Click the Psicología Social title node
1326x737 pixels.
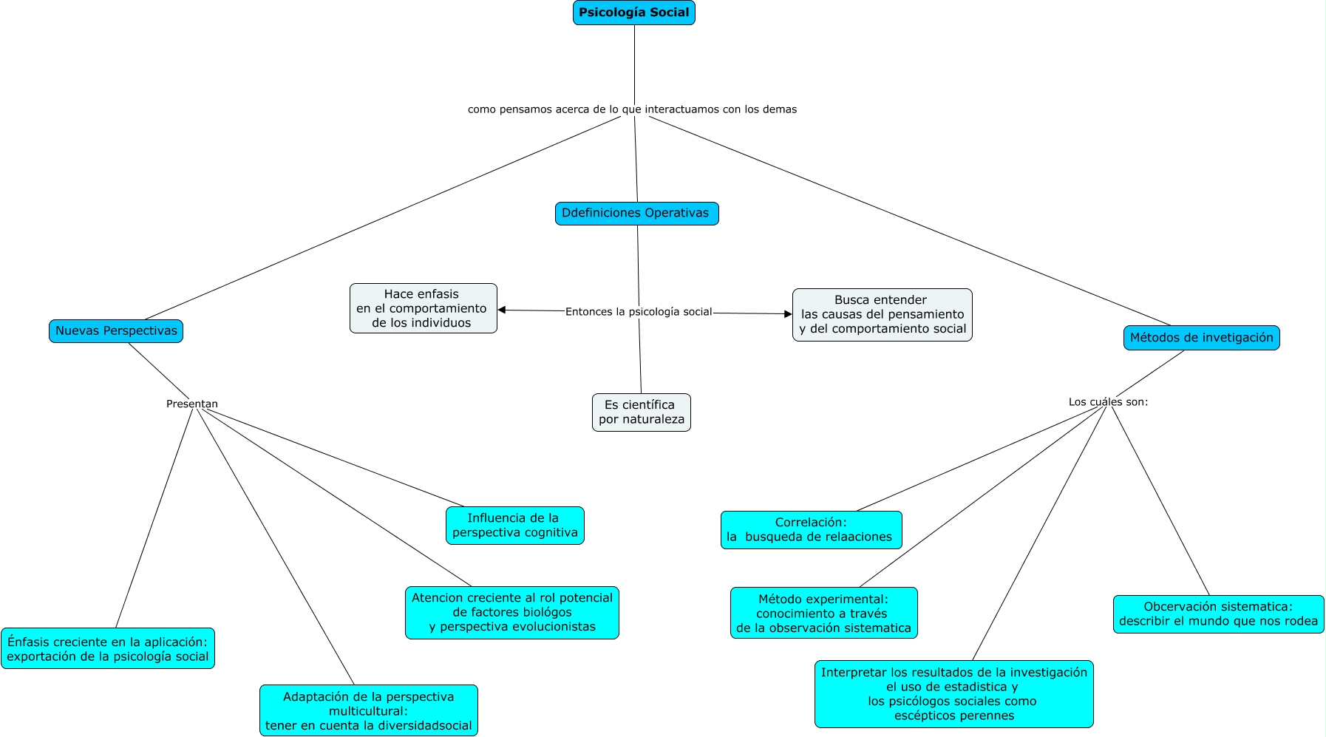coord(633,13)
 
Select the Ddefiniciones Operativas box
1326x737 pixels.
coord(636,214)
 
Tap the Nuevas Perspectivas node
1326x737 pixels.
coord(116,331)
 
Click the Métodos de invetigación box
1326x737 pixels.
coord(1201,338)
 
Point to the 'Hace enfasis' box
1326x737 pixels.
coord(423,308)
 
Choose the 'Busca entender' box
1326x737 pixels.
coord(882,315)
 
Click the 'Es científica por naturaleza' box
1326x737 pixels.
coord(641,412)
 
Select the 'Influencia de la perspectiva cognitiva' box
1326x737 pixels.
coord(514,526)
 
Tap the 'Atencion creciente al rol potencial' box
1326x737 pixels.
coord(511,613)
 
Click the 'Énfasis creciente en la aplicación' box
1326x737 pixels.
coord(108,649)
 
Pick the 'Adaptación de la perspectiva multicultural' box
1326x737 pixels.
coord(368,710)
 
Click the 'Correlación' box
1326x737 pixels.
coord(811,530)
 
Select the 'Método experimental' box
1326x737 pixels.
coord(823,613)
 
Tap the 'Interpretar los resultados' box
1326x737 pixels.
coord(953,694)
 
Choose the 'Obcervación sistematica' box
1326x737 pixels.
coord(1218,614)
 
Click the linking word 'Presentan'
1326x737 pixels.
coord(192,404)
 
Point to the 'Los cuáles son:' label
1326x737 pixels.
coord(1108,402)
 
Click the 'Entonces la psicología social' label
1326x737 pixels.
coord(639,312)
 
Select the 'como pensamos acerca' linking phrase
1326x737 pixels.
coord(632,109)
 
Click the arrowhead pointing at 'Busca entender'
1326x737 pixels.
coord(788,314)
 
